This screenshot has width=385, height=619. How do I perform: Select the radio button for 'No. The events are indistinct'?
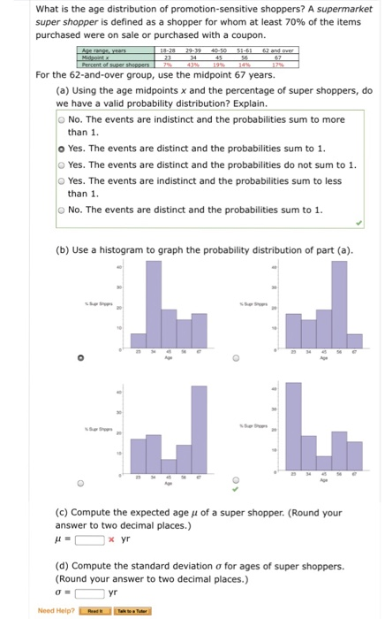61,118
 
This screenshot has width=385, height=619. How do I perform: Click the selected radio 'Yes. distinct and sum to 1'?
61,149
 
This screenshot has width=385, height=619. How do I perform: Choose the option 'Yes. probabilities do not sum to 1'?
61,164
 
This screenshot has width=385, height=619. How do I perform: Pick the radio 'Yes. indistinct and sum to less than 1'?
61,180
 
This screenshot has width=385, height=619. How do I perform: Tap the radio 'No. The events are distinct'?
61,210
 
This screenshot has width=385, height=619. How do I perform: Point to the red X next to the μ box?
109,539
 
